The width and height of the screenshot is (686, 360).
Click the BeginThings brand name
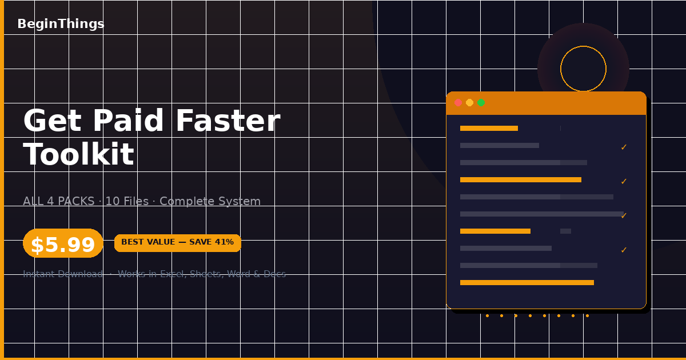(61, 24)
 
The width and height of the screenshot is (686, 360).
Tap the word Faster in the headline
(227, 121)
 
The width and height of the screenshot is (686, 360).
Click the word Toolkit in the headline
(78, 155)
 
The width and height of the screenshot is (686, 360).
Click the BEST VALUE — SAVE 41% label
(177, 242)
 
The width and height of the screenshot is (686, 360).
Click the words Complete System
(210, 202)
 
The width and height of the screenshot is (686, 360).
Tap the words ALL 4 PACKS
(58, 202)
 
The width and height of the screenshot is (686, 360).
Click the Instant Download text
(63, 274)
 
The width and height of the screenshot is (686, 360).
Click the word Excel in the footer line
(171, 274)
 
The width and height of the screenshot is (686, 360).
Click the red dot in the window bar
(458, 103)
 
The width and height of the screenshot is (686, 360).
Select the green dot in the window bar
(481, 103)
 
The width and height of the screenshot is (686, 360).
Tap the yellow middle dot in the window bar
(469, 103)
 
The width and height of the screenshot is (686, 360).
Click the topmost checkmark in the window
(624, 147)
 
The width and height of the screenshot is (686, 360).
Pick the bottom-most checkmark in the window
(624, 250)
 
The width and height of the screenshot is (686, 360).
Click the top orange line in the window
(489, 129)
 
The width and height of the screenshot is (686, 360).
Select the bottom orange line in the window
(527, 283)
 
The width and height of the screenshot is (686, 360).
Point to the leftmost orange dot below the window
(487, 315)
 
